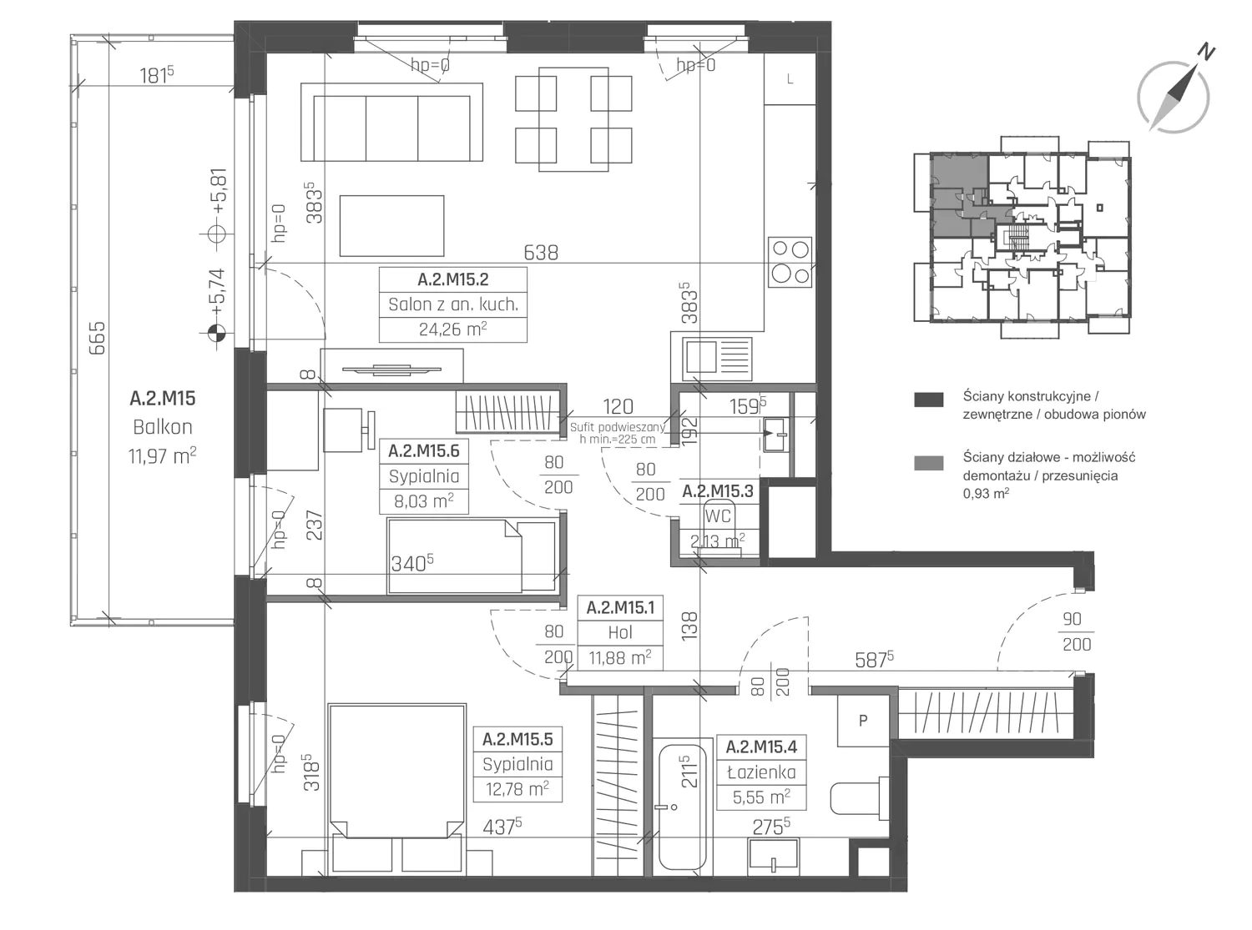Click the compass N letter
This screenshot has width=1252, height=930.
tap(1206, 52)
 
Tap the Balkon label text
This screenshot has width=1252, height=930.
tap(163, 427)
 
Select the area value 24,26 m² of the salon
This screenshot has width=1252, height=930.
tap(452, 329)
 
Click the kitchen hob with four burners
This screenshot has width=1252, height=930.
tap(790, 263)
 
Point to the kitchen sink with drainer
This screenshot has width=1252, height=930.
tap(717, 358)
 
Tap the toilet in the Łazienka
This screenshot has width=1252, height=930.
tap(858, 798)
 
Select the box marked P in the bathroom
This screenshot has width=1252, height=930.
tap(862, 721)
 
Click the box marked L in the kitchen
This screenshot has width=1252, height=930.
tap(790, 79)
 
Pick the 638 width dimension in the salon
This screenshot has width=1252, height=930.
tap(541, 252)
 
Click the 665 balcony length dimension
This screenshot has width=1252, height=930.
tap(97, 338)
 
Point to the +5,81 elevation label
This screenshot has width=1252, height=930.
tap(219, 190)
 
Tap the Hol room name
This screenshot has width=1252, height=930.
tap(620, 632)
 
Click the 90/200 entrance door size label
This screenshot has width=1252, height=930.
tap(1077, 631)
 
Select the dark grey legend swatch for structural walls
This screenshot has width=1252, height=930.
tap(928, 400)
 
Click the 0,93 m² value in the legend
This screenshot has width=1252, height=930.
tap(986, 493)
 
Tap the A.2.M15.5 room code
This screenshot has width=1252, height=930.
tap(517, 739)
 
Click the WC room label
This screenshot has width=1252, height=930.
tap(718, 515)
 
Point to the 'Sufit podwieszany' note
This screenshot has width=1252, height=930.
tap(618, 427)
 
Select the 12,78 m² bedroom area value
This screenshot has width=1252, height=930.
tap(517, 788)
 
